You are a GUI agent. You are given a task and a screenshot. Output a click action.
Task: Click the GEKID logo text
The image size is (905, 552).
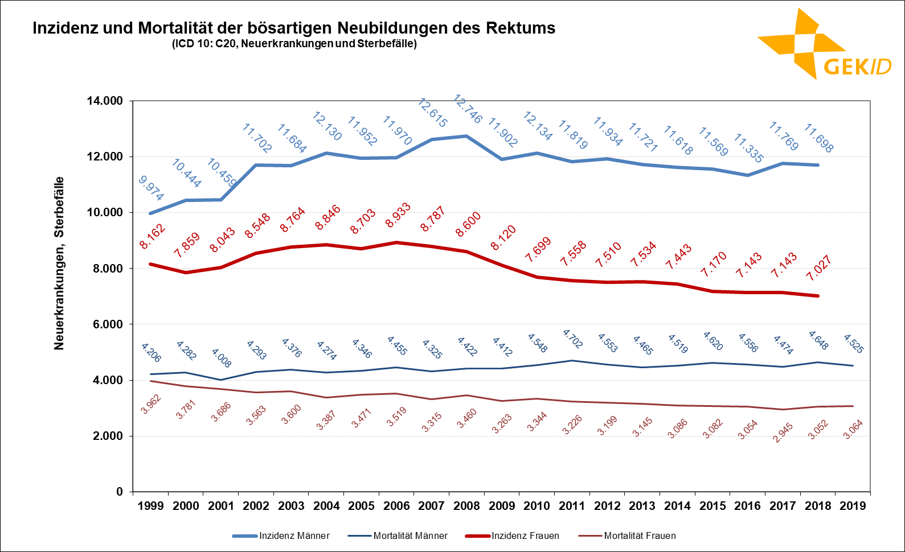[x=857, y=67]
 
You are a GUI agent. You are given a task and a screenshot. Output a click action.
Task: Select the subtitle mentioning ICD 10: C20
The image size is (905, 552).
[x=294, y=44]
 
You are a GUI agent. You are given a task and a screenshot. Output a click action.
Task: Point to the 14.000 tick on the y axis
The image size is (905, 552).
[x=105, y=101]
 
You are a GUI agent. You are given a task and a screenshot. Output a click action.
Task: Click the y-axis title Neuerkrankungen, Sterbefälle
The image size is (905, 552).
[x=59, y=263]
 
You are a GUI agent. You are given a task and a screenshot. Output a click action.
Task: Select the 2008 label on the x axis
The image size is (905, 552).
[x=466, y=506]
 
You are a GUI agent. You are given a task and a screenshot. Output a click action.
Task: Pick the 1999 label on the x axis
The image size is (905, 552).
[x=150, y=506]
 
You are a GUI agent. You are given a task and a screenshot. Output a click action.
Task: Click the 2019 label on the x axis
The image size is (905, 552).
[x=853, y=506]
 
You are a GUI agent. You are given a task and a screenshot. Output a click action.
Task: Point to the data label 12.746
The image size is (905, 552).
[x=468, y=109]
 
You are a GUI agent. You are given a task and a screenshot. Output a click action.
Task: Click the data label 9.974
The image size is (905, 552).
[x=151, y=188]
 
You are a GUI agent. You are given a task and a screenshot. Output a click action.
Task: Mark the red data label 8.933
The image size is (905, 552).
[x=398, y=215]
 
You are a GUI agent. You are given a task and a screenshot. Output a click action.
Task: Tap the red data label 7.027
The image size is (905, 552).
[x=819, y=268]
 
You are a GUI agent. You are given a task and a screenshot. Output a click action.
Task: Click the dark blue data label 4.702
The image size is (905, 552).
[x=572, y=339]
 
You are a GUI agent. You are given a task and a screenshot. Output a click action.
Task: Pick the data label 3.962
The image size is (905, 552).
[x=151, y=404]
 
